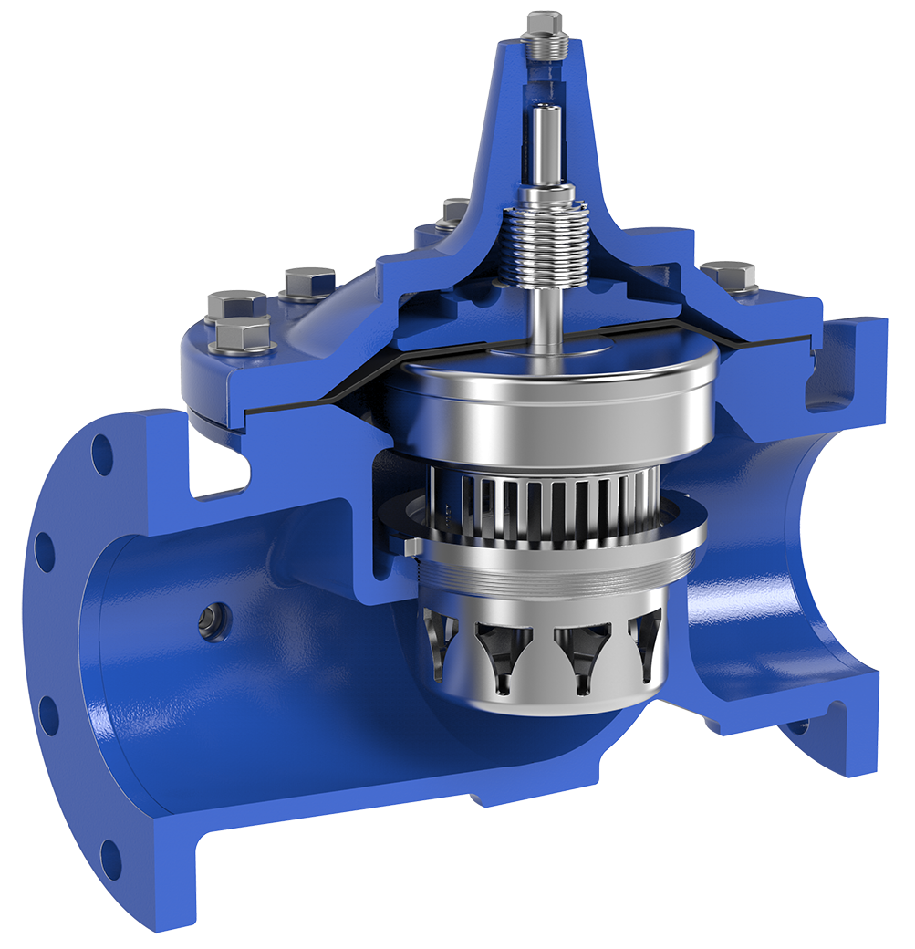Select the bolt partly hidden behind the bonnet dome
point(453,212)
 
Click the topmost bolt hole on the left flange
point(102,453)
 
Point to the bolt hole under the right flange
point(798,726)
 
